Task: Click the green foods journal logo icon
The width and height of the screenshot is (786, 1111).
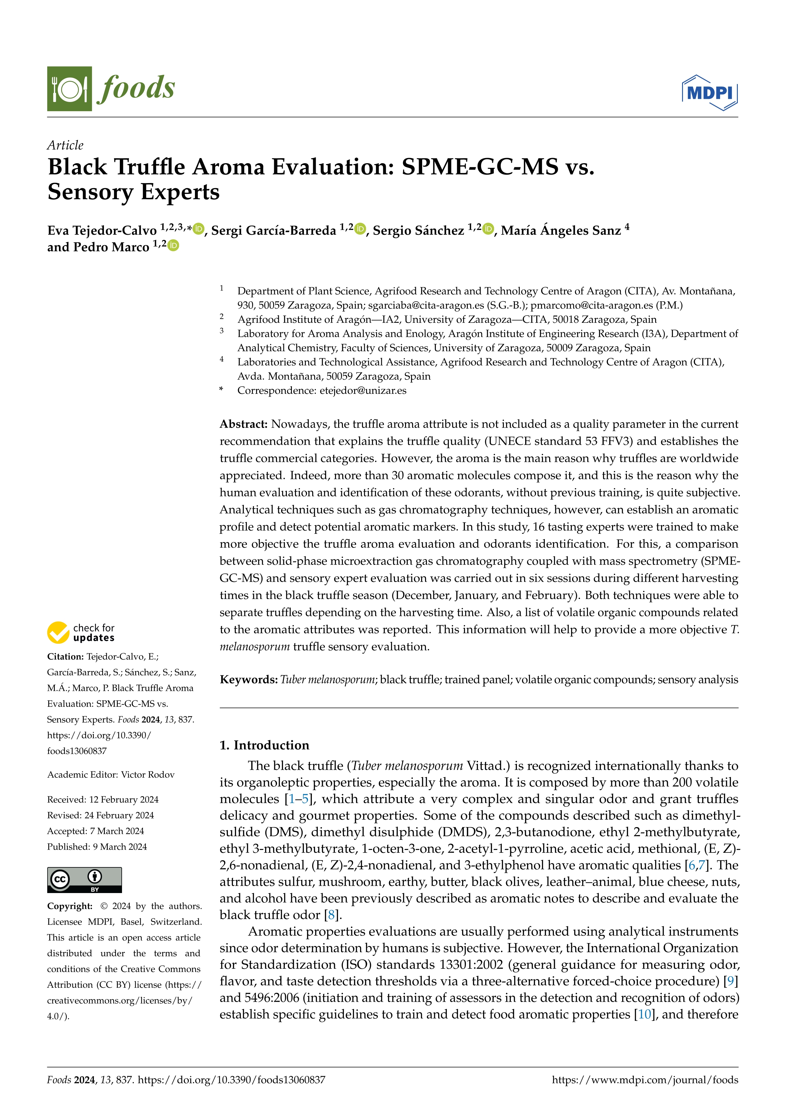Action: click(x=69, y=89)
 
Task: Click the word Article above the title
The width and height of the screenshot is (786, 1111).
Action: click(x=65, y=145)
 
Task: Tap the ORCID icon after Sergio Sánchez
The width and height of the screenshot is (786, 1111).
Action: click(x=488, y=229)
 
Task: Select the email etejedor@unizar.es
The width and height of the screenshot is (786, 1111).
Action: click(x=363, y=391)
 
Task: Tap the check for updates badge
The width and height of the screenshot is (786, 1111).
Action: click(x=81, y=632)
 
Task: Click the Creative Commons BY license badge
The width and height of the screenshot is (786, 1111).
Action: click(x=84, y=880)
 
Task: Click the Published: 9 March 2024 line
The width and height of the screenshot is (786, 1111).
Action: click(x=97, y=847)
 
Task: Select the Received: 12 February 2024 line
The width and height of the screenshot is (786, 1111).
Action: click(x=103, y=800)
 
